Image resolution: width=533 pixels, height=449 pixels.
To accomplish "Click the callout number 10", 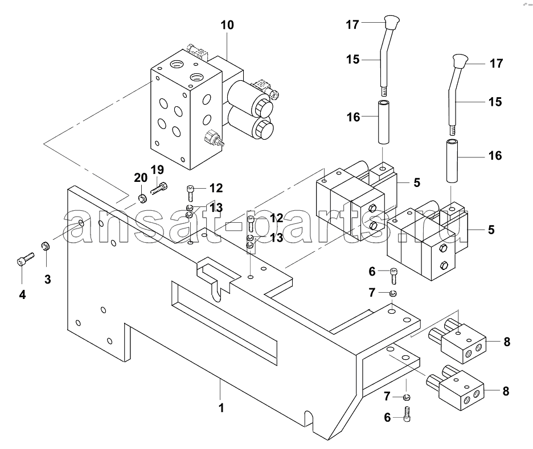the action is (227, 25).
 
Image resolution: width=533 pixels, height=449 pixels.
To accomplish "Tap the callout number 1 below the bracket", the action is (222, 408).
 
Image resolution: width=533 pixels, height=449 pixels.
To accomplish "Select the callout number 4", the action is (22, 294).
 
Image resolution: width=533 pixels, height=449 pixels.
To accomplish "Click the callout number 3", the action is (48, 279).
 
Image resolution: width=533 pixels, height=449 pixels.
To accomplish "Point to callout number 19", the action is (157, 169).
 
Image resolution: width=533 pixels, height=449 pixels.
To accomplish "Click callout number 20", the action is (141, 177).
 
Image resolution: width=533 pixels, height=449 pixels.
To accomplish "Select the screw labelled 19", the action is (159, 188).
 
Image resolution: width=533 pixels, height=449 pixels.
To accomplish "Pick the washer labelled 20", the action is (143, 198).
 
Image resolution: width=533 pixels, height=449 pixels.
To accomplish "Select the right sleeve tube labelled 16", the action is (452, 161).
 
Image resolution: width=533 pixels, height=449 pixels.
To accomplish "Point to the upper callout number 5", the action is (417, 182).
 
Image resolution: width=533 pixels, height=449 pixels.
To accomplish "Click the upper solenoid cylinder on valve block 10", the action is (251, 97).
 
